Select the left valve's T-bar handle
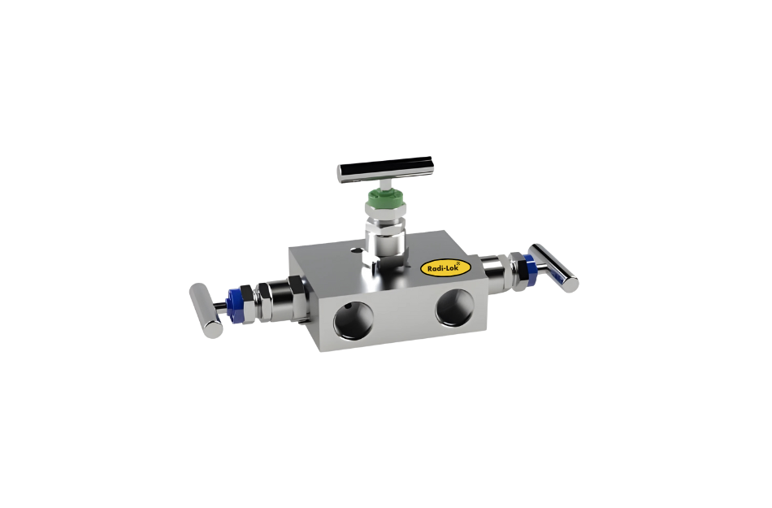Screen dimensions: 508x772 tap(205, 309)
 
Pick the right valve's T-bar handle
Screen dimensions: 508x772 tap(556, 266)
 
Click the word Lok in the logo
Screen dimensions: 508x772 tap(453, 266)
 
